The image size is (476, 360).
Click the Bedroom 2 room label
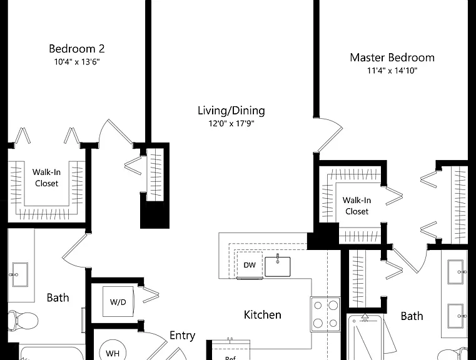tap(77, 49)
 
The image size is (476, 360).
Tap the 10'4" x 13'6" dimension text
tap(77, 62)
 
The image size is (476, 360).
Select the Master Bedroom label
tap(392, 57)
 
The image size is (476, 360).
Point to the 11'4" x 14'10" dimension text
tap(392, 71)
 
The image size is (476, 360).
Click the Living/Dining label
tap(231, 111)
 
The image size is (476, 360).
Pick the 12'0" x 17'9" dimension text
tap(231, 123)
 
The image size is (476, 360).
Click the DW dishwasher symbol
tap(250, 265)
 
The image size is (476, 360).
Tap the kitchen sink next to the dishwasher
tap(278, 266)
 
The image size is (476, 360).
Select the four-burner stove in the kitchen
tap(325, 314)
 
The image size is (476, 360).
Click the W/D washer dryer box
tap(118, 302)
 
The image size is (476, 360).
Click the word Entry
tap(182, 336)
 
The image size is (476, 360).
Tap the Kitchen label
tap(263, 314)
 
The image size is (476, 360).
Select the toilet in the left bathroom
tap(23, 320)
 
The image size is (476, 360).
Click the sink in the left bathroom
tap(20, 274)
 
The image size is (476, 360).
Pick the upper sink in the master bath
tap(456, 272)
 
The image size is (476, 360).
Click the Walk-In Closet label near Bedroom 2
tap(46, 177)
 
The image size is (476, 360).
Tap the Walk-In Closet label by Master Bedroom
tap(357, 206)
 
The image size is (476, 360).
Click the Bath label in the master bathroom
tap(412, 316)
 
